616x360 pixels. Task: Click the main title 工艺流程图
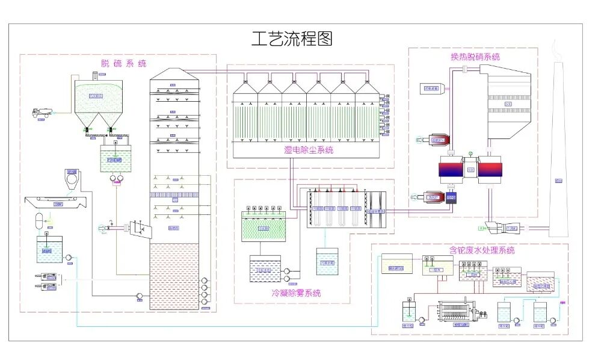(x=292, y=39)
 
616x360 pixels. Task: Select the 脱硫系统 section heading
(x=123, y=63)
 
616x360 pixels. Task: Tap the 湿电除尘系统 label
(x=309, y=150)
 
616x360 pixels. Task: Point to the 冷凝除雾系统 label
(x=296, y=293)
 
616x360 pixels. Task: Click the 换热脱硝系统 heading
(x=475, y=57)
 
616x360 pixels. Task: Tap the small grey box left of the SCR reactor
(x=431, y=88)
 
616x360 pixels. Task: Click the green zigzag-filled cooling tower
(x=263, y=228)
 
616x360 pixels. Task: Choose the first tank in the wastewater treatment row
(x=397, y=264)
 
